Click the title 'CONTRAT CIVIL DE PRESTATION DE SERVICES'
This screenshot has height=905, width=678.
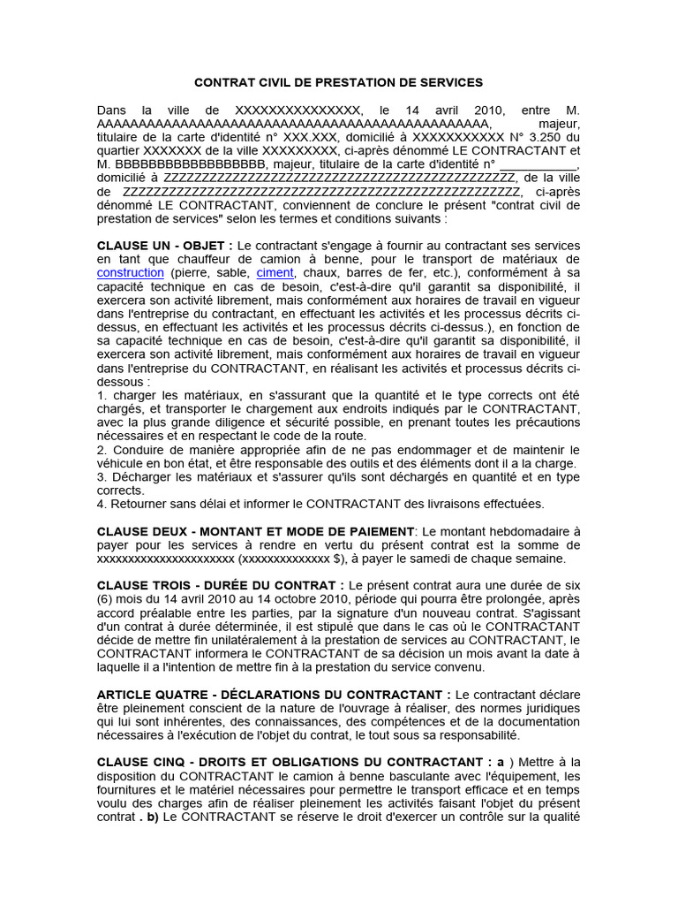tap(338, 82)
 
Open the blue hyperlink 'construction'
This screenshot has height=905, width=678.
tap(131, 273)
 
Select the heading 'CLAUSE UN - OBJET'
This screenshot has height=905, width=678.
tap(164, 245)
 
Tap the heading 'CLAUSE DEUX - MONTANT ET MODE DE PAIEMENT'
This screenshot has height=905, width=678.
tap(255, 530)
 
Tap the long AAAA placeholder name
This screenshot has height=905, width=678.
tap(292, 124)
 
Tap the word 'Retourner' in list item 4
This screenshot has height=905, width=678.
tap(139, 504)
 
